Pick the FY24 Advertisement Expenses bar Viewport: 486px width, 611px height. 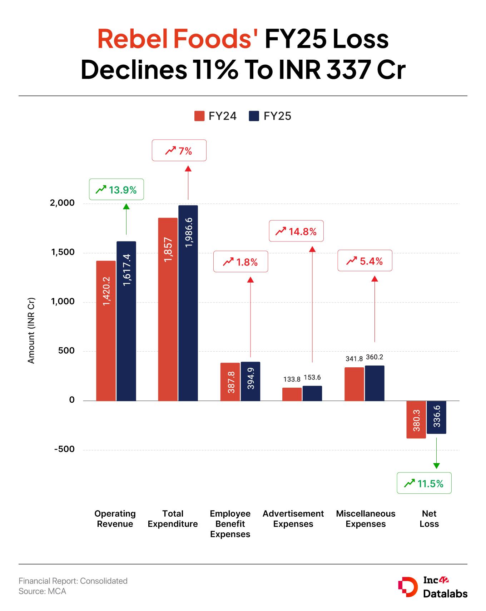coord(292,394)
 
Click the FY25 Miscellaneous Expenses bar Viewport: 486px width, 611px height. coord(375,383)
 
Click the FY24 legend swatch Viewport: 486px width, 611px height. coord(199,116)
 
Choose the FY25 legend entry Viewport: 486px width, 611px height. coord(270,116)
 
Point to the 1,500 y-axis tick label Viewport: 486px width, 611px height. coord(63,252)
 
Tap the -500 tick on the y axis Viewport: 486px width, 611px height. coord(64,449)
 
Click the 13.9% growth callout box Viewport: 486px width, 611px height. coord(116,189)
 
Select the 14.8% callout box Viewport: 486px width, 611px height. coord(296,231)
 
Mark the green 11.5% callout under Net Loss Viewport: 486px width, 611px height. coord(424,483)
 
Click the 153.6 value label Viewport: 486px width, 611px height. coord(312,377)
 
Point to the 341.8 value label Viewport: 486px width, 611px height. coord(354,358)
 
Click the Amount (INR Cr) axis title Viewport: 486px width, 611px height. coord(31,331)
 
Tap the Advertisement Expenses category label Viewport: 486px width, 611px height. coord(293,519)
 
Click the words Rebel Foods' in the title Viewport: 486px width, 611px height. coord(178,39)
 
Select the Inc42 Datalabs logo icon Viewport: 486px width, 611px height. coord(408,587)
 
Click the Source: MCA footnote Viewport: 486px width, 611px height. coord(43,591)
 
